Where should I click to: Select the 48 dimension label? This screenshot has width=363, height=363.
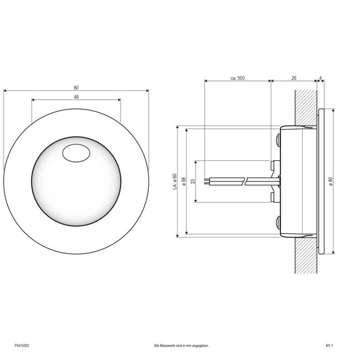point(76,97)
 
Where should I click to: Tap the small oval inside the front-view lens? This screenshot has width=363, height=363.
point(76,153)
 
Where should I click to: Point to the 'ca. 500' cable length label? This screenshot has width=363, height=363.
point(237,78)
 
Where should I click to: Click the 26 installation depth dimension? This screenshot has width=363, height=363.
point(294,78)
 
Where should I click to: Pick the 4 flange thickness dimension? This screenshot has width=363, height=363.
point(321,78)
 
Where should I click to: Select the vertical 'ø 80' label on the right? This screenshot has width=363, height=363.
point(330,180)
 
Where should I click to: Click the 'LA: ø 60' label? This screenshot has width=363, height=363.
point(175,181)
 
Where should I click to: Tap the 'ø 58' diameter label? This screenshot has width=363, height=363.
point(184,181)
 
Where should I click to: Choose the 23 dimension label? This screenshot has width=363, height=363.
point(193,181)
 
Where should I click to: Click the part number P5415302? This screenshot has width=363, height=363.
point(21,345)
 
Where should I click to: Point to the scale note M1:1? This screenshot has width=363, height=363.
point(329,345)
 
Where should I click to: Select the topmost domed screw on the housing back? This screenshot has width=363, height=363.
point(277,139)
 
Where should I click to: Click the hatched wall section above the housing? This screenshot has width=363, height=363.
point(305,107)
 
